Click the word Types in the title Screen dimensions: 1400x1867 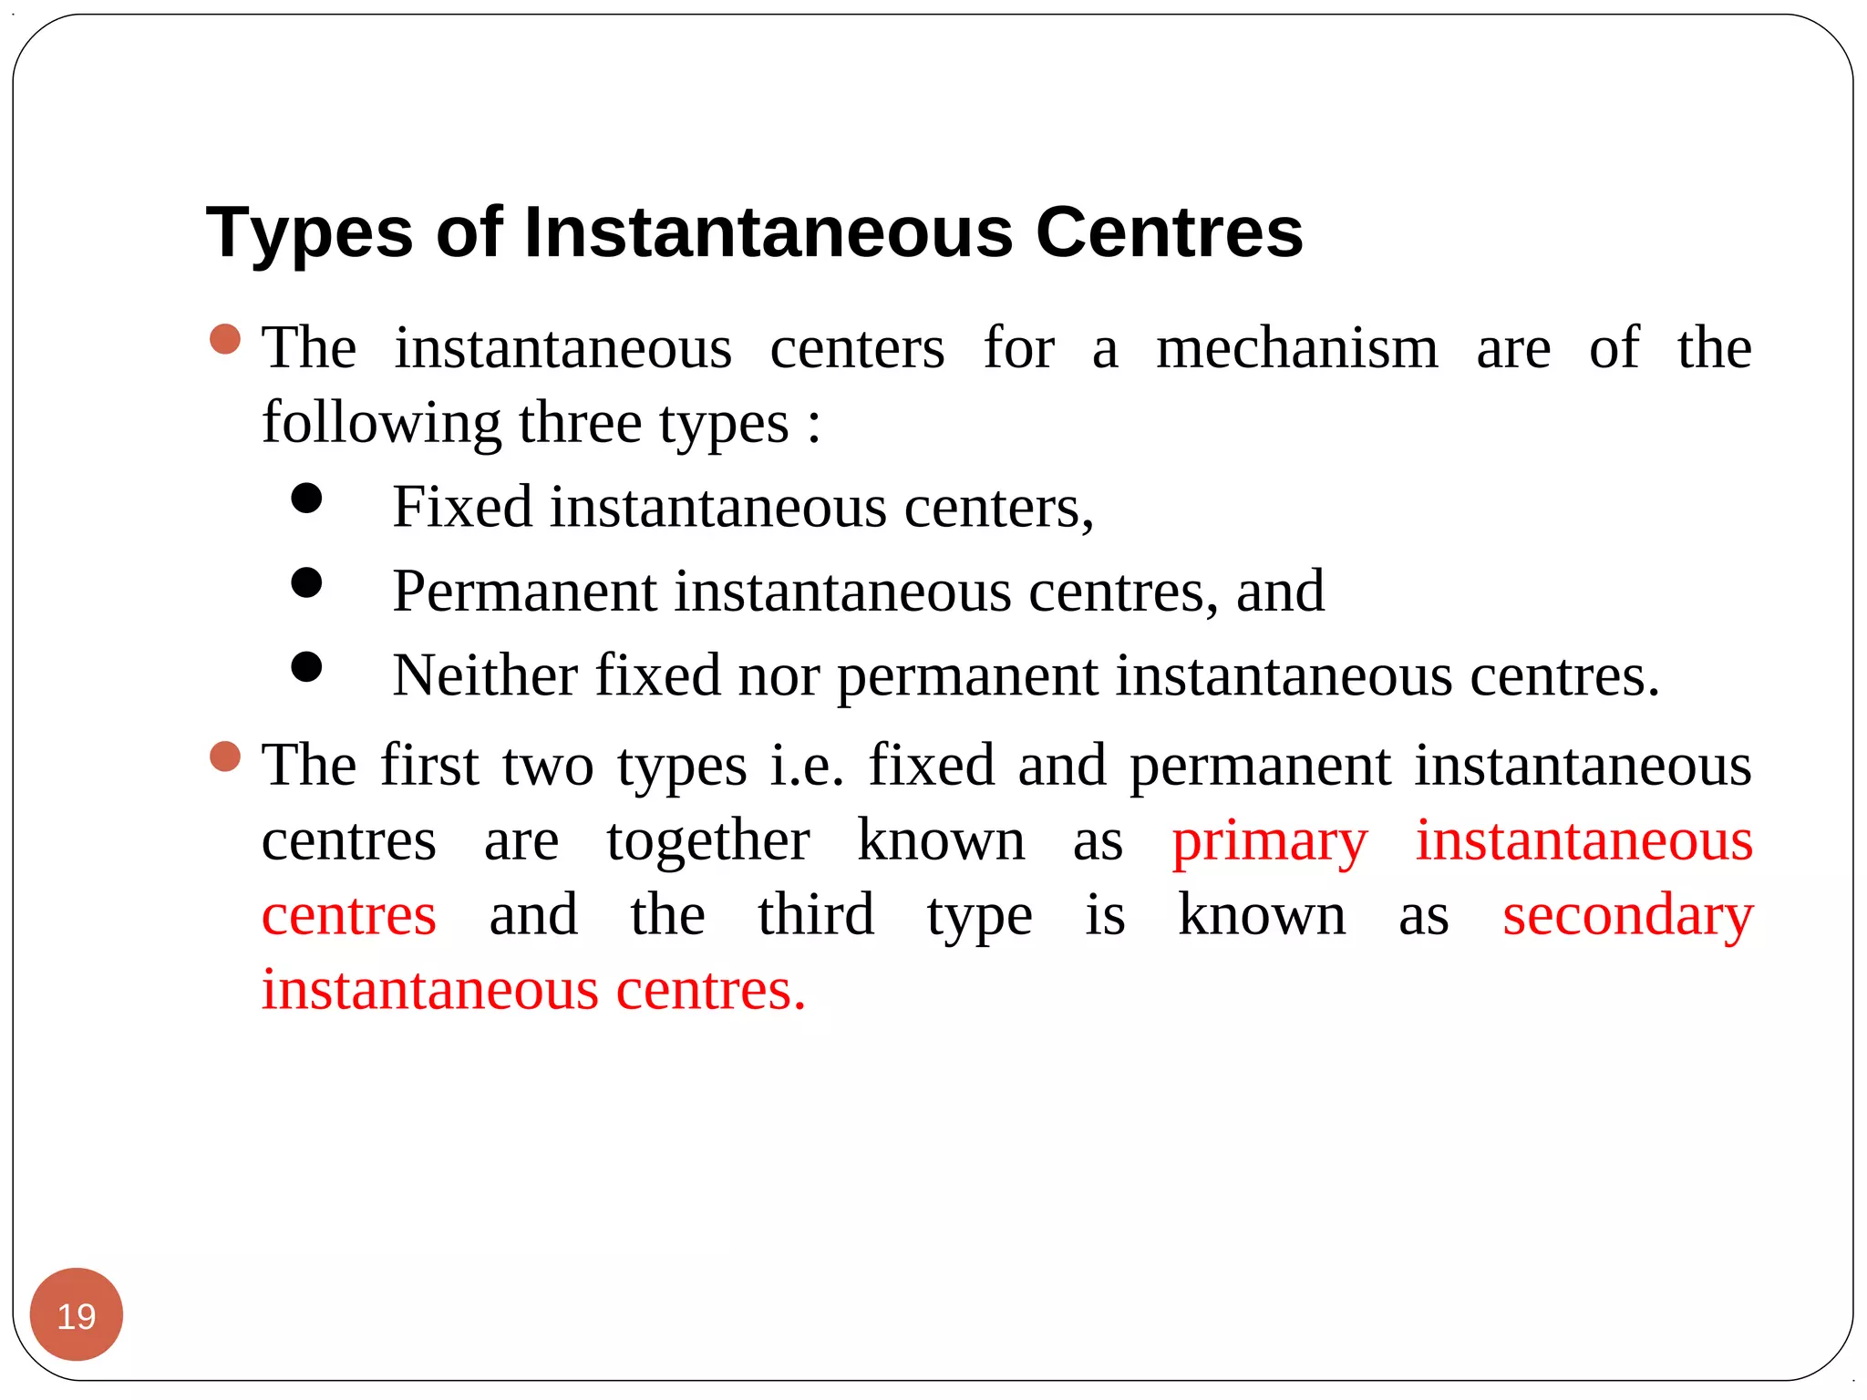point(310,233)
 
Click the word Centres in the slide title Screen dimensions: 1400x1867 point(1170,232)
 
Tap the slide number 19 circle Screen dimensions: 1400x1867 point(77,1315)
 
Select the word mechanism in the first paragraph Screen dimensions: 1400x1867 point(1297,348)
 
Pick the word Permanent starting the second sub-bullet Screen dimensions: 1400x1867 point(525,592)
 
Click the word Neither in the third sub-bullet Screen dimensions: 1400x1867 point(485,675)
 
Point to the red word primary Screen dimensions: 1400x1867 point(1270,841)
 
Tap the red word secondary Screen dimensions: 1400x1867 point(1627,916)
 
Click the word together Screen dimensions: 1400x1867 point(708,840)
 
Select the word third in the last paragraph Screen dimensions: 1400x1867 point(816,915)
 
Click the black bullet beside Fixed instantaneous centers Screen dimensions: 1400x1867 point(307,499)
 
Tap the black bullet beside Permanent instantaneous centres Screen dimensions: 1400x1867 point(307,582)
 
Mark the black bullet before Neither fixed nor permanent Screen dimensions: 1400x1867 point(307,666)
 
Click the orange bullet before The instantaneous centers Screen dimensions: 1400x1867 point(225,340)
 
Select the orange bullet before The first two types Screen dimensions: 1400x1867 point(225,757)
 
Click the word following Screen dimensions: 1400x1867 point(381,424)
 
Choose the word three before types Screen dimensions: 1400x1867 point(580,424)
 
